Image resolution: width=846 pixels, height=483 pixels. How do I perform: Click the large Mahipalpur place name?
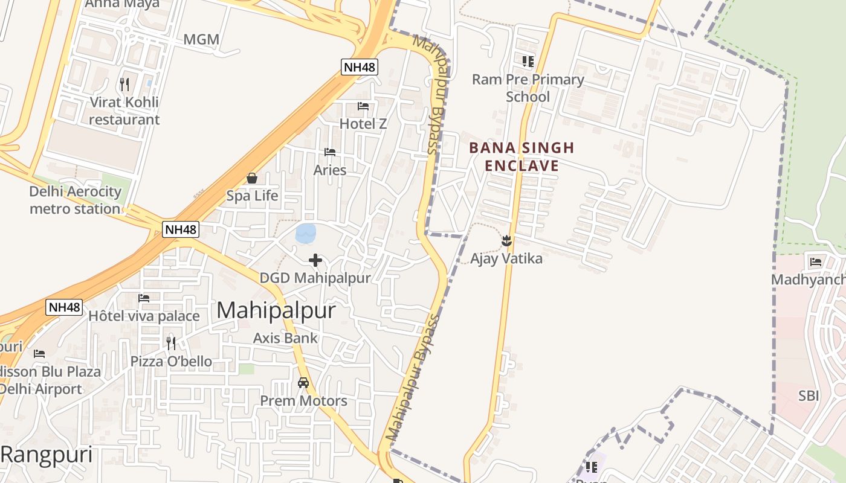[276, 310]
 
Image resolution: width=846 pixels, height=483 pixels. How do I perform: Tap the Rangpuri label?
[47, 455]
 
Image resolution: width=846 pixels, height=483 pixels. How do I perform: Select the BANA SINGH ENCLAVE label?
[521, 156]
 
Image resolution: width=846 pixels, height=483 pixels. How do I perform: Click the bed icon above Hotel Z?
[363, 106]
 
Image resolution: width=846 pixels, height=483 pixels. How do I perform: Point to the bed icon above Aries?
[330, 152]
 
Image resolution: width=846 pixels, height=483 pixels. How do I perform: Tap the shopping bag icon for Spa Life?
[252, 178]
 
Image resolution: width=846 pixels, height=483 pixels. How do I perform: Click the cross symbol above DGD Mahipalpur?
[315, 260]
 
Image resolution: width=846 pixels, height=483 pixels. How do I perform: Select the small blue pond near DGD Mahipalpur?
[305, 234]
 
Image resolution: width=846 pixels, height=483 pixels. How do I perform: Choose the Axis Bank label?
[285, 338]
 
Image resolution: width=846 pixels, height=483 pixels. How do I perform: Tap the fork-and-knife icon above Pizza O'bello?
[171, 344]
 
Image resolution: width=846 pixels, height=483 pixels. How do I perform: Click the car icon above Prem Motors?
[303, 383]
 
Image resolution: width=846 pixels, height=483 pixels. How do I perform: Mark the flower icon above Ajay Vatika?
[506, 241]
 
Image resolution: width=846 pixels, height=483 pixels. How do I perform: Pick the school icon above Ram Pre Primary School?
[528, 61]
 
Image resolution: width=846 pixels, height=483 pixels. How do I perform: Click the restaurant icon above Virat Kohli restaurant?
[124, 84]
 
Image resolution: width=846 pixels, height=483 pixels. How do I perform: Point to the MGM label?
[201, 40]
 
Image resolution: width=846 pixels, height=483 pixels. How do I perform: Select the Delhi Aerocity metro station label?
[76, 200]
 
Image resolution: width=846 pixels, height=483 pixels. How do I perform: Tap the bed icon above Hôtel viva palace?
[144, 298]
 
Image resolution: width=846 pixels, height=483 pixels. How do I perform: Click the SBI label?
[809, 396]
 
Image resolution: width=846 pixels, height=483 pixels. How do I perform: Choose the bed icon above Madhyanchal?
[816, 262]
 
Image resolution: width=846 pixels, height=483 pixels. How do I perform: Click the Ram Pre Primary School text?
[528, 88]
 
